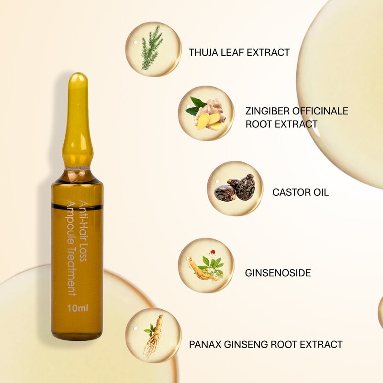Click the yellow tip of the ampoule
tap(78, 96)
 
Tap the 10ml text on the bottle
tap(77, 308)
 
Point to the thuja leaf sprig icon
tap(152, 48)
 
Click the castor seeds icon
tap(235, 188)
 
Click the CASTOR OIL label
tap(301, 192)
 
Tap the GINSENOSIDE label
tap(278, 273)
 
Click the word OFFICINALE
tap(323, 112)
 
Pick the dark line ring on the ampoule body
tap(77, 206)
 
